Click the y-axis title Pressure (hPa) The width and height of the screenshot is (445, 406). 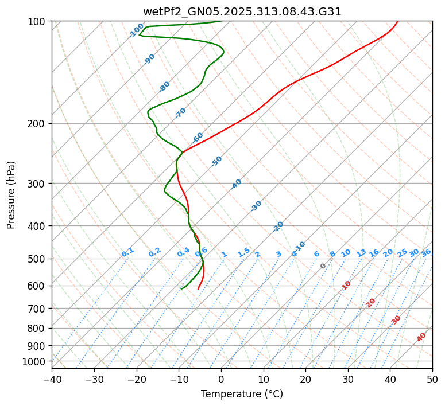(11, 195)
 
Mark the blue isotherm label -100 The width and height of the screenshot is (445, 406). (136, 30)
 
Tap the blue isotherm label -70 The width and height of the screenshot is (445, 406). (180, 113)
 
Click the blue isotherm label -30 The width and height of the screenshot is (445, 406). (256, 206)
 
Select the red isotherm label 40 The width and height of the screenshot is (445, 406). (421, 337)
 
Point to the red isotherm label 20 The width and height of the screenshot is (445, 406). (371, 302)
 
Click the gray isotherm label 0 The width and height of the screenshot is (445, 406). (323, 266)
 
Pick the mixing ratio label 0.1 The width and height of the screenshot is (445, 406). (127, 252)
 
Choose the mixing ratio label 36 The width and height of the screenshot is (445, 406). (426, 252)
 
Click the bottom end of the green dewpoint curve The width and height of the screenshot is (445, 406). (181, 289)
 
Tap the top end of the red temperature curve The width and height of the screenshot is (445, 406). (397, 22)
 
